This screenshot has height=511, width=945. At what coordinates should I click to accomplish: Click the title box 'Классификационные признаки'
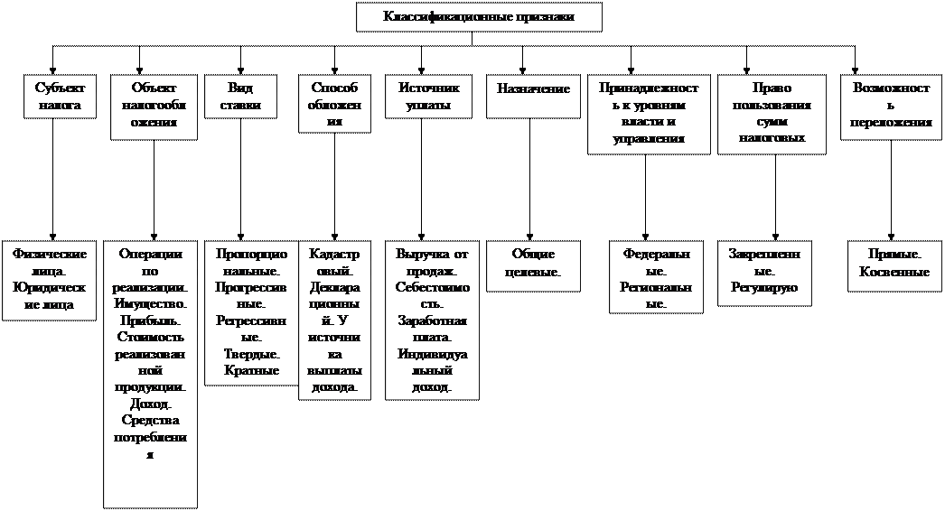479,17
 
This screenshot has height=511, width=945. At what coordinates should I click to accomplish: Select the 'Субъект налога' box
59,98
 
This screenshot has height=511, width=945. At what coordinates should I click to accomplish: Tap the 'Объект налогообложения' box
154,107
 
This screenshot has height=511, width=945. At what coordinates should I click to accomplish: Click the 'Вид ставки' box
240,98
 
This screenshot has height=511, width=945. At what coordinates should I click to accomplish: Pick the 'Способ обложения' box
334,105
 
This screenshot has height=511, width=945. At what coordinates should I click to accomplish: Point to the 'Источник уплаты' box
428,98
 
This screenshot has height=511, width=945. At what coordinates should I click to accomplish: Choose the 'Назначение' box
533,89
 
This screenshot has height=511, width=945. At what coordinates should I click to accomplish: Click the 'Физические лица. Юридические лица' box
51,280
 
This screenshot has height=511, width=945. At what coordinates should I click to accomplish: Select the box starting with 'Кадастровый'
334,321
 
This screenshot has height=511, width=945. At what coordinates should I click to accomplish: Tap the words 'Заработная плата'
431,329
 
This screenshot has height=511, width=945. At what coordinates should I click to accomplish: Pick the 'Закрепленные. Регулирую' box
764,271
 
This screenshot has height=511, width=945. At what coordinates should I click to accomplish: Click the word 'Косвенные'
894,272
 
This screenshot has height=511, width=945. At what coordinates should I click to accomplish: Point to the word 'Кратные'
250,370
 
